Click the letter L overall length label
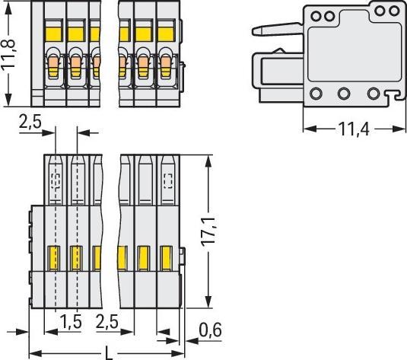point(110,352)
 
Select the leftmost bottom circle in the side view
point(315,93)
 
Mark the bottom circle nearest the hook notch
point(373,93)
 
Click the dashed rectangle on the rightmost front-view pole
point(169,180)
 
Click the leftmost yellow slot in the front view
point(54,257)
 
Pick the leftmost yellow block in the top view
point(52,33)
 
